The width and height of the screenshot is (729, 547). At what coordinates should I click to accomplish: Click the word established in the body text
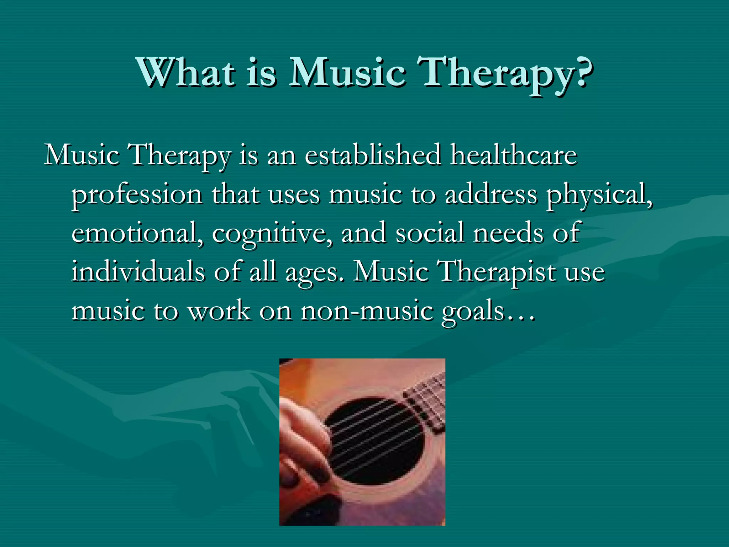coord(373,156)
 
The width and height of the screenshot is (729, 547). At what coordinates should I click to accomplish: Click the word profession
coord(137,196)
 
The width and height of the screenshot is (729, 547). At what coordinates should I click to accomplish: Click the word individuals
coord(138,272)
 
